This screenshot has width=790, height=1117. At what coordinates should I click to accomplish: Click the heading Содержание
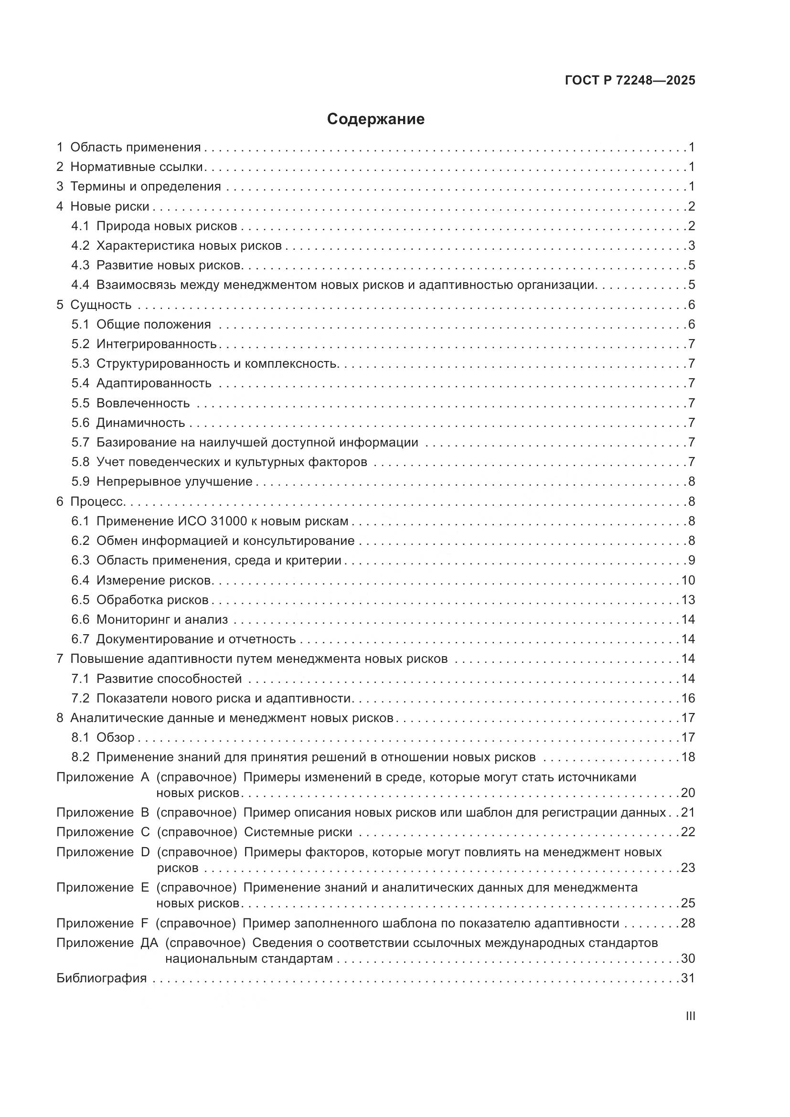point(375,119)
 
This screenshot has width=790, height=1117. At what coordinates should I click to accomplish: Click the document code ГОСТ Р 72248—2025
point(630,80)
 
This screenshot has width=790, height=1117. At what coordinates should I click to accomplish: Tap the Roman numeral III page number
point(690,1016)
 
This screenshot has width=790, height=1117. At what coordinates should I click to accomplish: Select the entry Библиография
point(102,978)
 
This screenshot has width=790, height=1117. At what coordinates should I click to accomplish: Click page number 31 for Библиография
point(688,978)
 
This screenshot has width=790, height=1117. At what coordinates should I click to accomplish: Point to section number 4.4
point(80,285)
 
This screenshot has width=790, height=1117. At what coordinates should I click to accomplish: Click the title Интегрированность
point(156,344)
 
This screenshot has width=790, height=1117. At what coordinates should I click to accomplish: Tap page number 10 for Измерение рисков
point(688,580)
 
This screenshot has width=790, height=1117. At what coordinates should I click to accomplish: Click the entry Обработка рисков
point(152,600)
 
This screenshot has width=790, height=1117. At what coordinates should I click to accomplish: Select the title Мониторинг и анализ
point(162,619)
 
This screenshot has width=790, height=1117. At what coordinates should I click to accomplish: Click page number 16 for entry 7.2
point(688,698)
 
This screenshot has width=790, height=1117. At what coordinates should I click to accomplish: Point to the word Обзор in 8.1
point(115,737)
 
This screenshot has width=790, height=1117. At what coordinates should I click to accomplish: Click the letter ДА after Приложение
point(149,943)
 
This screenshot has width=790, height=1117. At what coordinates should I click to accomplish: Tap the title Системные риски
point(298,832)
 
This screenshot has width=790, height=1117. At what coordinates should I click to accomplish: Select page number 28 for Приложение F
point(688,923)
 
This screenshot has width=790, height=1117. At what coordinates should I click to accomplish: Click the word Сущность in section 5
point(101,305)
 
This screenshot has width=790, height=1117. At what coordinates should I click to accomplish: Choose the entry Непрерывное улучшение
point(174,482)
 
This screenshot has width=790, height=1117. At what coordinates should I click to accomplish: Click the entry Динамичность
point(140,422)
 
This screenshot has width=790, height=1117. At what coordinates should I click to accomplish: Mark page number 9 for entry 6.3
point(691,561)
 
